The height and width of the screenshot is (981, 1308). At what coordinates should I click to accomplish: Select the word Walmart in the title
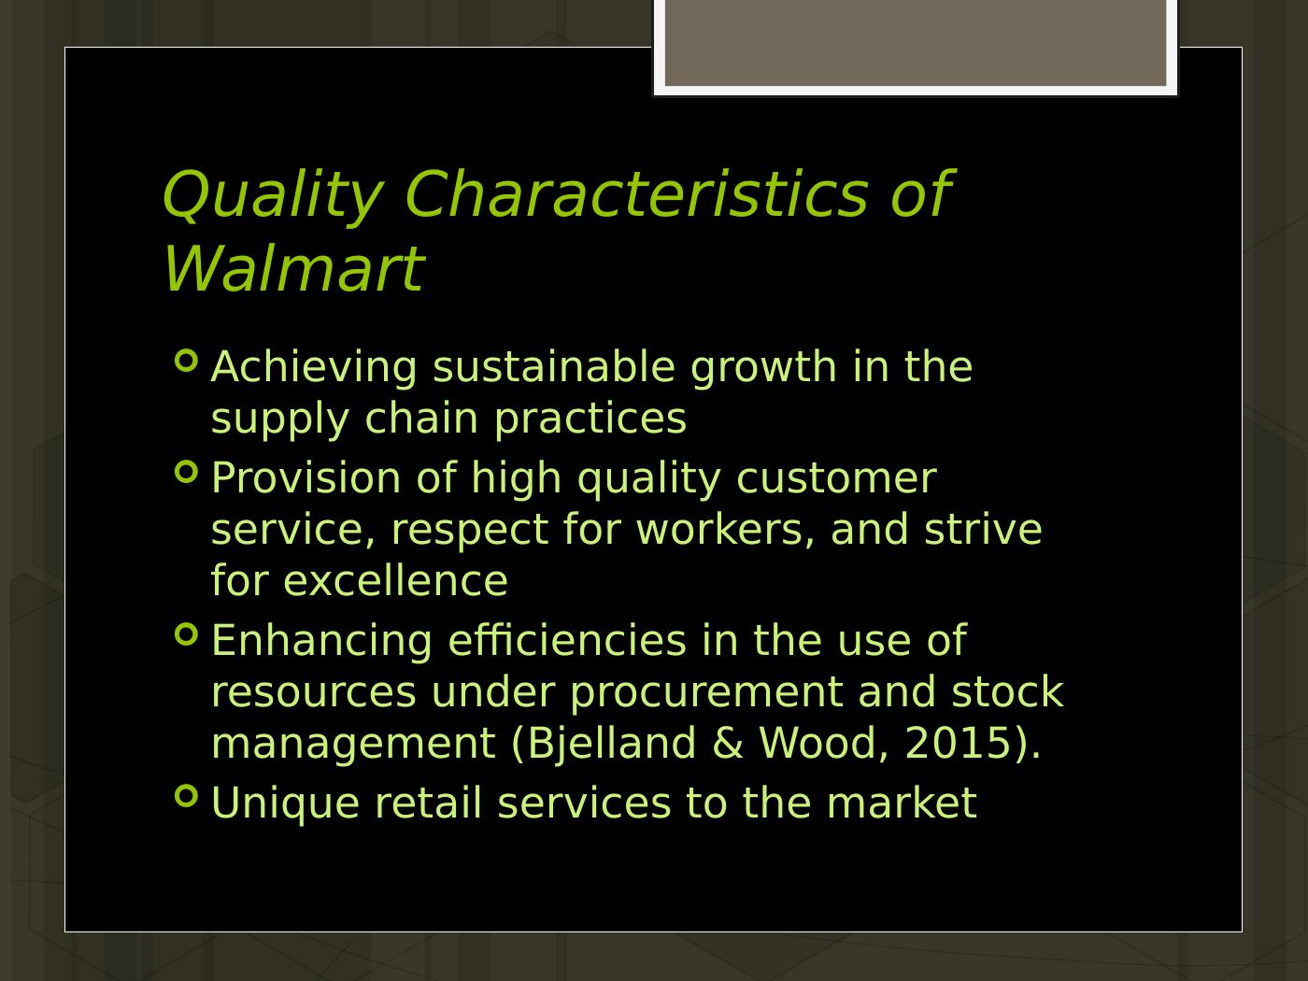292,269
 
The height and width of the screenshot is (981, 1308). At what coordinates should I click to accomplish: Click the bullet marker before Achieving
187,361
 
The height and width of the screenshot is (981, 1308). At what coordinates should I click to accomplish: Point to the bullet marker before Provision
187,472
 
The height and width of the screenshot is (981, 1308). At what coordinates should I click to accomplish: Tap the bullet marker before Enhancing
187,634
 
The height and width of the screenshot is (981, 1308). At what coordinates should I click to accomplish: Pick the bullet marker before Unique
187,796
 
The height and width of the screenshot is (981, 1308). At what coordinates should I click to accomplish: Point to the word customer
835,477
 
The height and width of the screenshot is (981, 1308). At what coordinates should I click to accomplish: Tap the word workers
725,529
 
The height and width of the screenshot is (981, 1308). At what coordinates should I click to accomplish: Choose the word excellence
395,580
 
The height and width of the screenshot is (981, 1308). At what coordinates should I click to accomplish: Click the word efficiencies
567,640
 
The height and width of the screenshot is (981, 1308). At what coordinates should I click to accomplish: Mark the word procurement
705,691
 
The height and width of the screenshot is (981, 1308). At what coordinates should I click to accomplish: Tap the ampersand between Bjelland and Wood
727,743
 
